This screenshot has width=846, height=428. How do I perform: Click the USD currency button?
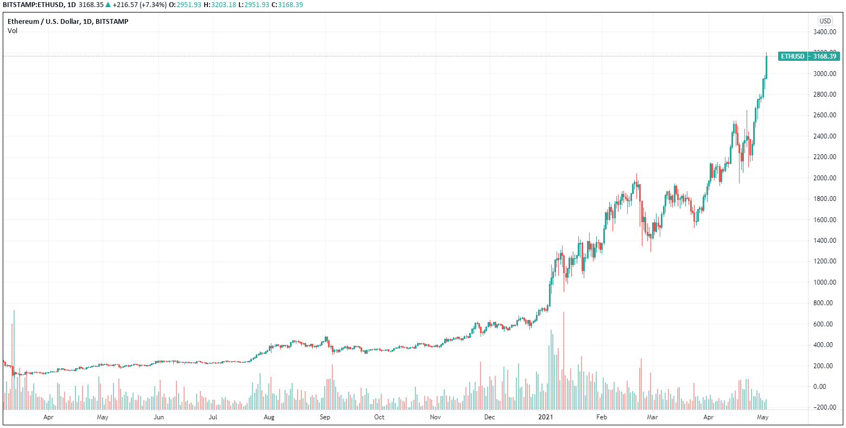coord(825,21)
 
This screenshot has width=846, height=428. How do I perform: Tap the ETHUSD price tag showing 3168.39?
coord(809,56)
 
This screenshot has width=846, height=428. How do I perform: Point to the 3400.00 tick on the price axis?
coord(824,32)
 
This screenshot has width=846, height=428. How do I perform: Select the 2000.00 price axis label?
coord(824,178)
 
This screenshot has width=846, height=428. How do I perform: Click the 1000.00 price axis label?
coord(824,282)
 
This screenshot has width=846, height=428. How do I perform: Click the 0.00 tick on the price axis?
coord(827,387)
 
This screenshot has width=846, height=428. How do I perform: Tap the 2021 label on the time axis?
coord(545,417)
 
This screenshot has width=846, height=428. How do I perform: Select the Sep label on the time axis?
coord(325,417)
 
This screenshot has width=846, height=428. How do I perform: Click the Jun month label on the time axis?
coord(159,417)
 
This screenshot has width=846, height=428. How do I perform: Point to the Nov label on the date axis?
coord(435,417)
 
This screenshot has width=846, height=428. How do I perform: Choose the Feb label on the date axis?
coord(601,417)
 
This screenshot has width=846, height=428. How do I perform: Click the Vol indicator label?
coord(12,31)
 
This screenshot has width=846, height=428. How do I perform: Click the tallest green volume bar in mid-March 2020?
coord(14,358)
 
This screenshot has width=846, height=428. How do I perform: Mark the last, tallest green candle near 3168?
coord(766,67)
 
